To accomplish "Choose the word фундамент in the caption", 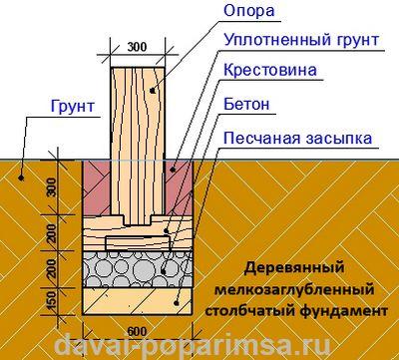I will [x=346, y=311].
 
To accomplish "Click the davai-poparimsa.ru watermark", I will [x=199, y=346].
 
